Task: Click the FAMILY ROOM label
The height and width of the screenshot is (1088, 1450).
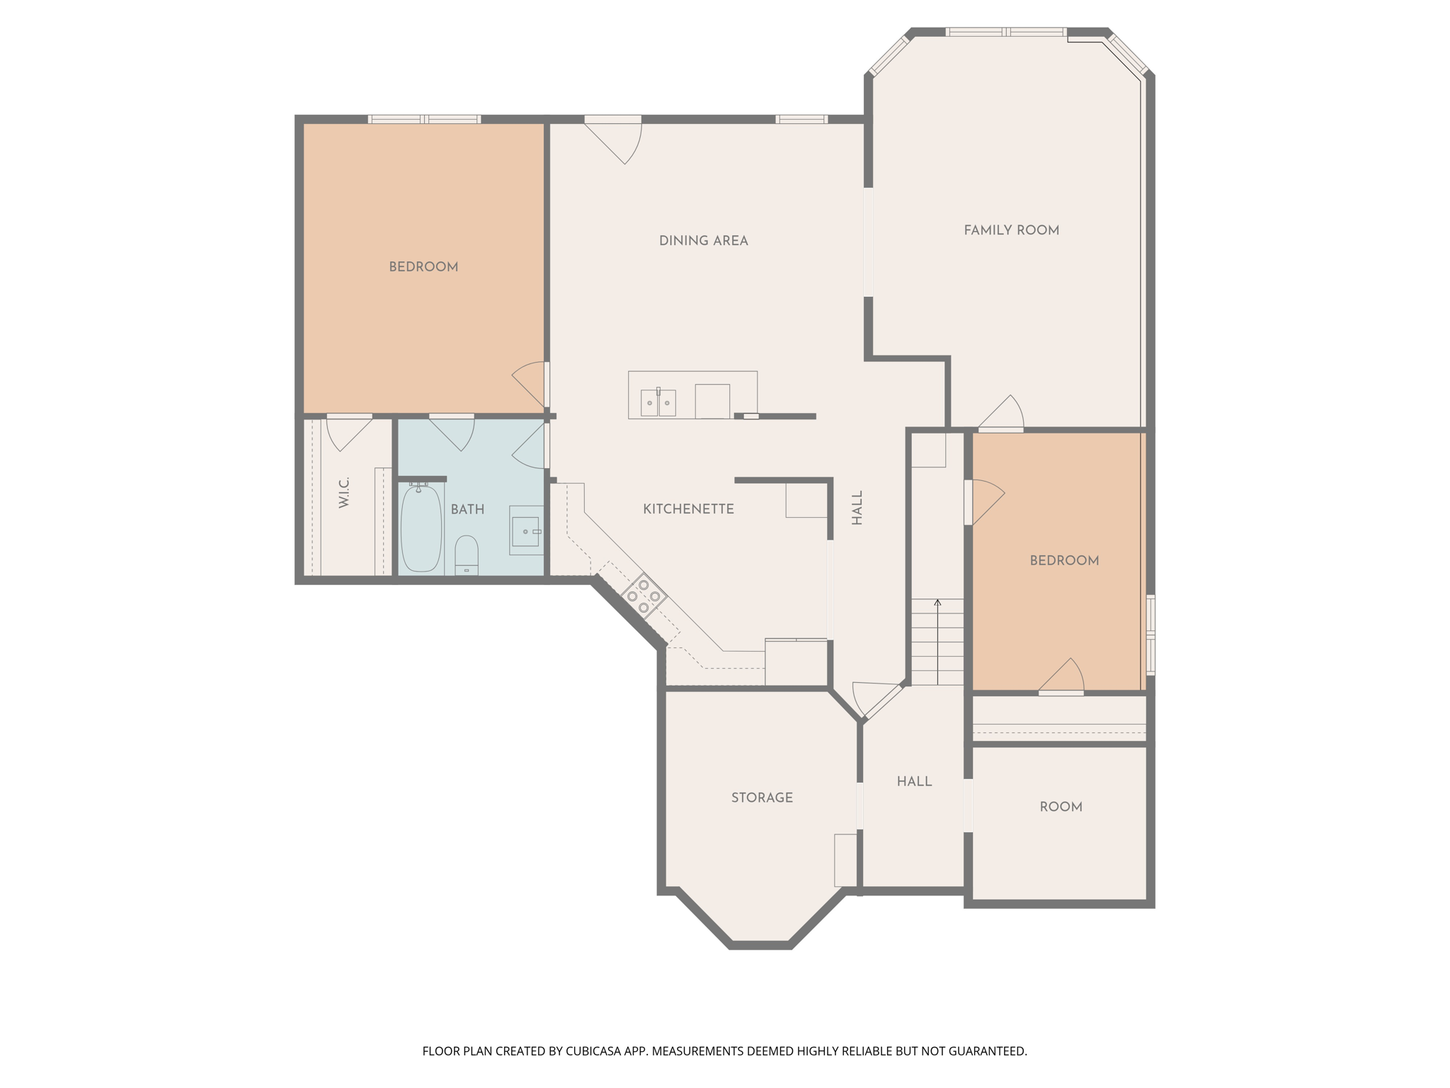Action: tap(1011, 230)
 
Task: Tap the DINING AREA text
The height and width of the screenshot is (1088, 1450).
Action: tap(703, 241)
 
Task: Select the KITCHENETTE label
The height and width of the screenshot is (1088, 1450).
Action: tap(688, 509)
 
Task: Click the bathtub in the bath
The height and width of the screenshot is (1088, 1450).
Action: tap(421, 528)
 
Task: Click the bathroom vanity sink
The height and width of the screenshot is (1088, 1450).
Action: tap(526, 531)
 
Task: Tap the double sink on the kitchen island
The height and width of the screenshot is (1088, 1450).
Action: tap(658, 403)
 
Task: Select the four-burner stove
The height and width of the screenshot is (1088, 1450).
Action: tap(644, 596)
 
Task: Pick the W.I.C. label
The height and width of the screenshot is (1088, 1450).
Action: tap(344, 492)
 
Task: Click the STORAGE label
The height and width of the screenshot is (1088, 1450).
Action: tap(762, 798)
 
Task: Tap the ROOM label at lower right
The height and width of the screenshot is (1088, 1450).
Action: tap(1061, 807)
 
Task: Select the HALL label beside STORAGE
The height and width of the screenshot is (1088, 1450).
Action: tap(914, 781)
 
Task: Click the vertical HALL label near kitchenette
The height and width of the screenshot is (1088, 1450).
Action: tap(857, 508)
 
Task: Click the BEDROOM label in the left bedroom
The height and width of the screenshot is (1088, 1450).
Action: tap(423, 267)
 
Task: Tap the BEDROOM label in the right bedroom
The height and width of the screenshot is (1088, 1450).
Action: tap(1064, 560)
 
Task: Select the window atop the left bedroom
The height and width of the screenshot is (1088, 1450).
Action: tap(424, 119)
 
